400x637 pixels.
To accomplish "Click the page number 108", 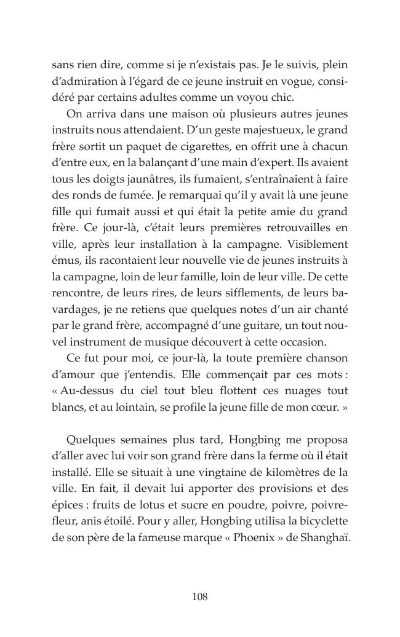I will click(199, 596).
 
